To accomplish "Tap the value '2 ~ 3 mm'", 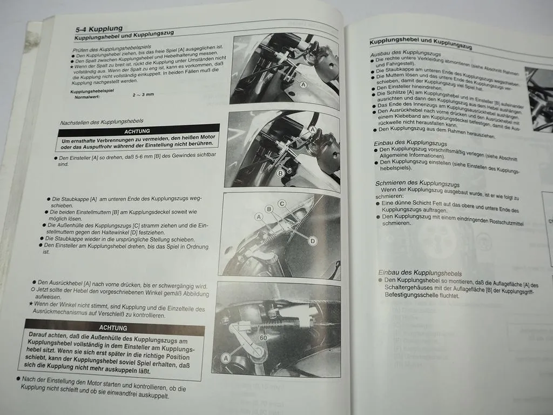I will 143,95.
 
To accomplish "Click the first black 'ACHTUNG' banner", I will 137,131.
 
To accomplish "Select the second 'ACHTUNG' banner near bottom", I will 113,328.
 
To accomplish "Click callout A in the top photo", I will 303,85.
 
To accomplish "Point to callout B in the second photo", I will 280,173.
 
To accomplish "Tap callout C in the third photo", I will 282,204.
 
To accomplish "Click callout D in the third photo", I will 312,241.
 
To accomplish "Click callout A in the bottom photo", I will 225,358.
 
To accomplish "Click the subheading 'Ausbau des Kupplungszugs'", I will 405,54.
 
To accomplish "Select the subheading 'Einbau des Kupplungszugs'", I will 411,142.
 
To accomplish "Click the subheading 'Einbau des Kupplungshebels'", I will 420,273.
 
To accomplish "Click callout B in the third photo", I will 268,209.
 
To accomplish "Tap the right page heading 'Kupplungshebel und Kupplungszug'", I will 421,43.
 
